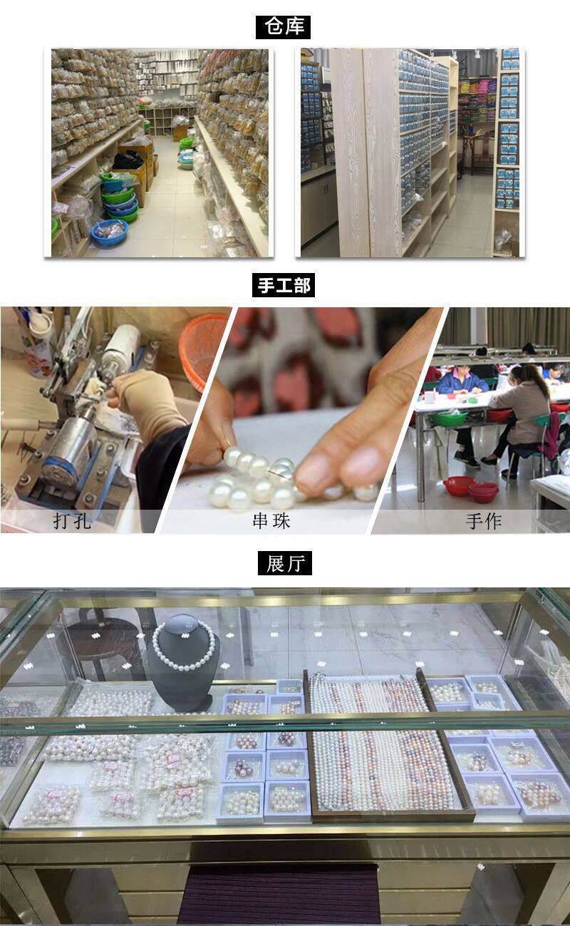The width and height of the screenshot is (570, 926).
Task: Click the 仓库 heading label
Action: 284,27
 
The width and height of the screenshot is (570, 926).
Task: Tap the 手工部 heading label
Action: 284,286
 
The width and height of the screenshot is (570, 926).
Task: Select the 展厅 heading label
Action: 284,564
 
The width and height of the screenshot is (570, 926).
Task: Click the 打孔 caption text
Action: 72,520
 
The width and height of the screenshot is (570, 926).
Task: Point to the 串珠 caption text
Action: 271,520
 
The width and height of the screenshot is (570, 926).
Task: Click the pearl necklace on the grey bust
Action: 184,646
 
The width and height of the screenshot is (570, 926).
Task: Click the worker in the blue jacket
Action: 462,385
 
